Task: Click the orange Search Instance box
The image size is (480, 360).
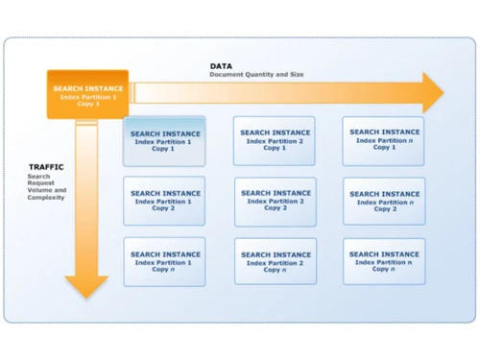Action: (x=87, y=94)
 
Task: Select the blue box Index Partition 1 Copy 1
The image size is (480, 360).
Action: (x=164, y=141)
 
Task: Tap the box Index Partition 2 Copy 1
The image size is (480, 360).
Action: (x=275, y=140)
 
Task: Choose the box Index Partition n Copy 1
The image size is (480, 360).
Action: (x=384, y=140)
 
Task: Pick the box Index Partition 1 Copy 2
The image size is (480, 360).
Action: (x=164, y=201)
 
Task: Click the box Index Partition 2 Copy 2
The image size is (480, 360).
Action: (x=275, y=201)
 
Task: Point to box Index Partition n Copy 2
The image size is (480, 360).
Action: (x=384, y=201)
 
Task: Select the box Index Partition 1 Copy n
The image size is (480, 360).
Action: (x=164, y=261)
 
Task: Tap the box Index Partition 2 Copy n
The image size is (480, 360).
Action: (x=275, y=261)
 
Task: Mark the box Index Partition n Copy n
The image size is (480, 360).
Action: (x=384, y=261)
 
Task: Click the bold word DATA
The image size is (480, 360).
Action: (x=221, y=66)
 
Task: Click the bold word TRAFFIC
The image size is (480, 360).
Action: (x=45, y=167)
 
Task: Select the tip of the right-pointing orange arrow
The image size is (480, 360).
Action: (x=443, y=92)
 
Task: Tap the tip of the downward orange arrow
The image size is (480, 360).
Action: (x=86, y=297)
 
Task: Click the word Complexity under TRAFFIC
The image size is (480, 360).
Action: (x=46, y=197)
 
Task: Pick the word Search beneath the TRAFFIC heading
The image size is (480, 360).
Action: (x=39, y=177)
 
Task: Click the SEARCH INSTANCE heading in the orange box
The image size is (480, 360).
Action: (x=87, y=88)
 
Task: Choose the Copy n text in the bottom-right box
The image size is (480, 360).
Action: (x=384, y=269)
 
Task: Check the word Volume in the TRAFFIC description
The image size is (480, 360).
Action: (x=39, y=190)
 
